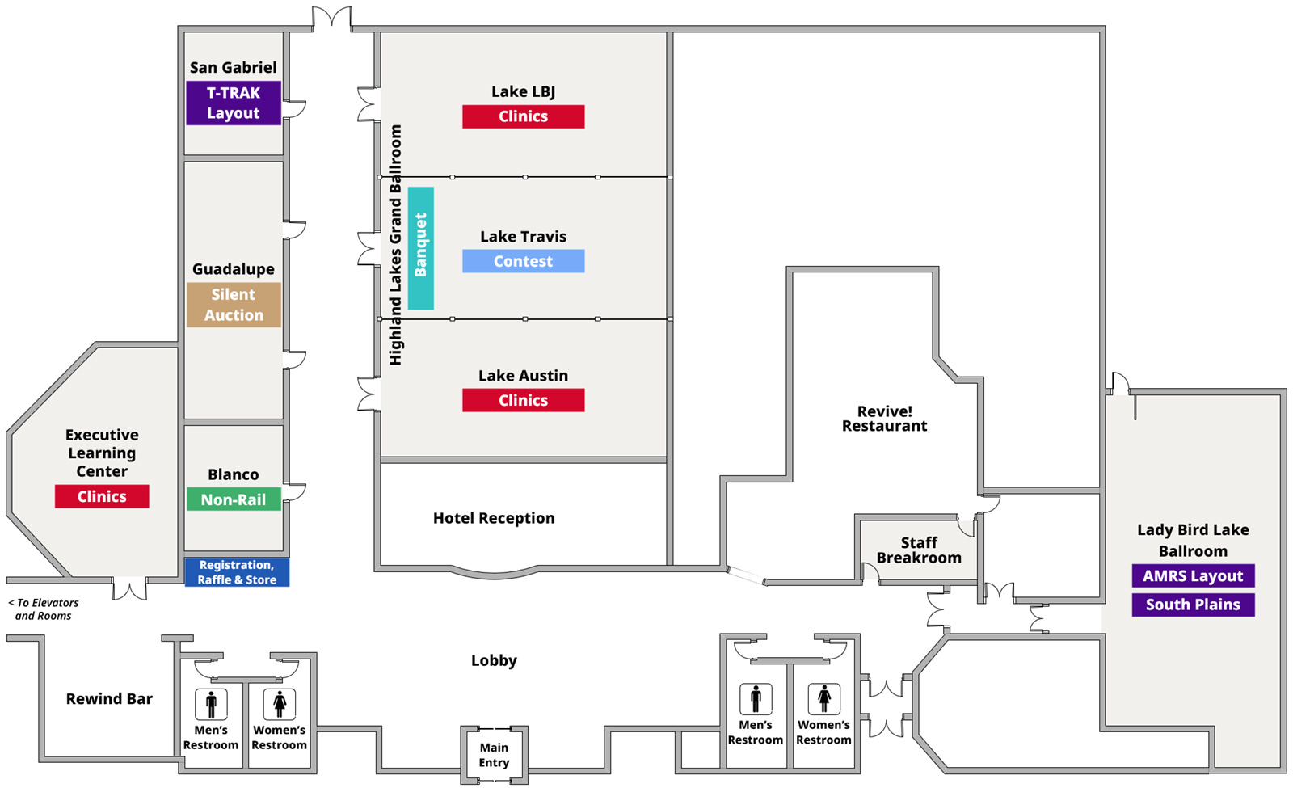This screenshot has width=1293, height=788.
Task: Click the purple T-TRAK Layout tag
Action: tap(234, 103)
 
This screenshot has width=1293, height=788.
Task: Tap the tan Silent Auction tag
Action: tap(234, 305)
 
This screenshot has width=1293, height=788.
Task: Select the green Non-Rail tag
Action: tap(234, 499)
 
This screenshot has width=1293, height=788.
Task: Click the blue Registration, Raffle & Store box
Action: tap(237, 572)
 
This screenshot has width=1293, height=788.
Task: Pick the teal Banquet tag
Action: tap(421, 248)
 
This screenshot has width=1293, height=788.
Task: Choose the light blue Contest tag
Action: tap(523, 261)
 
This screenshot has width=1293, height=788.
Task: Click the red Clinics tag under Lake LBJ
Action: tap(523, 116)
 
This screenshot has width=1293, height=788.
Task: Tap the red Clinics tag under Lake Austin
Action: tap(523, 400)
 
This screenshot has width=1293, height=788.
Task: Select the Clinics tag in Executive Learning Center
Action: tap(102, 496)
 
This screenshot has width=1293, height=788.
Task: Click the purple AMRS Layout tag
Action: tap(1193, 575)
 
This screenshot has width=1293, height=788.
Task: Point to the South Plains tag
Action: tap(1193, 605)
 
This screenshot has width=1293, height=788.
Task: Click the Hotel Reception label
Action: tap(494, 518)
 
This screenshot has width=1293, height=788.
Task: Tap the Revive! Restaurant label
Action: tap(884, 419)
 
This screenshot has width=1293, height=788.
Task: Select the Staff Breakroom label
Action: tap(919, 550)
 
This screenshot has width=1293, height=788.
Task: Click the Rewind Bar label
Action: tap(109, 698)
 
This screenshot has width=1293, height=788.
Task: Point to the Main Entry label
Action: tap(494, 755)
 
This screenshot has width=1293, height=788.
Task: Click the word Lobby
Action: tap(494, 660)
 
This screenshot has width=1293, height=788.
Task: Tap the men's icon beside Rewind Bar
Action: tap(211, 704)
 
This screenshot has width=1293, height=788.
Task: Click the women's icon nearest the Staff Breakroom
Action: tap(824, 698)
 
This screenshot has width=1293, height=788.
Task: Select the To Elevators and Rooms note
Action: tap(44, 609)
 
